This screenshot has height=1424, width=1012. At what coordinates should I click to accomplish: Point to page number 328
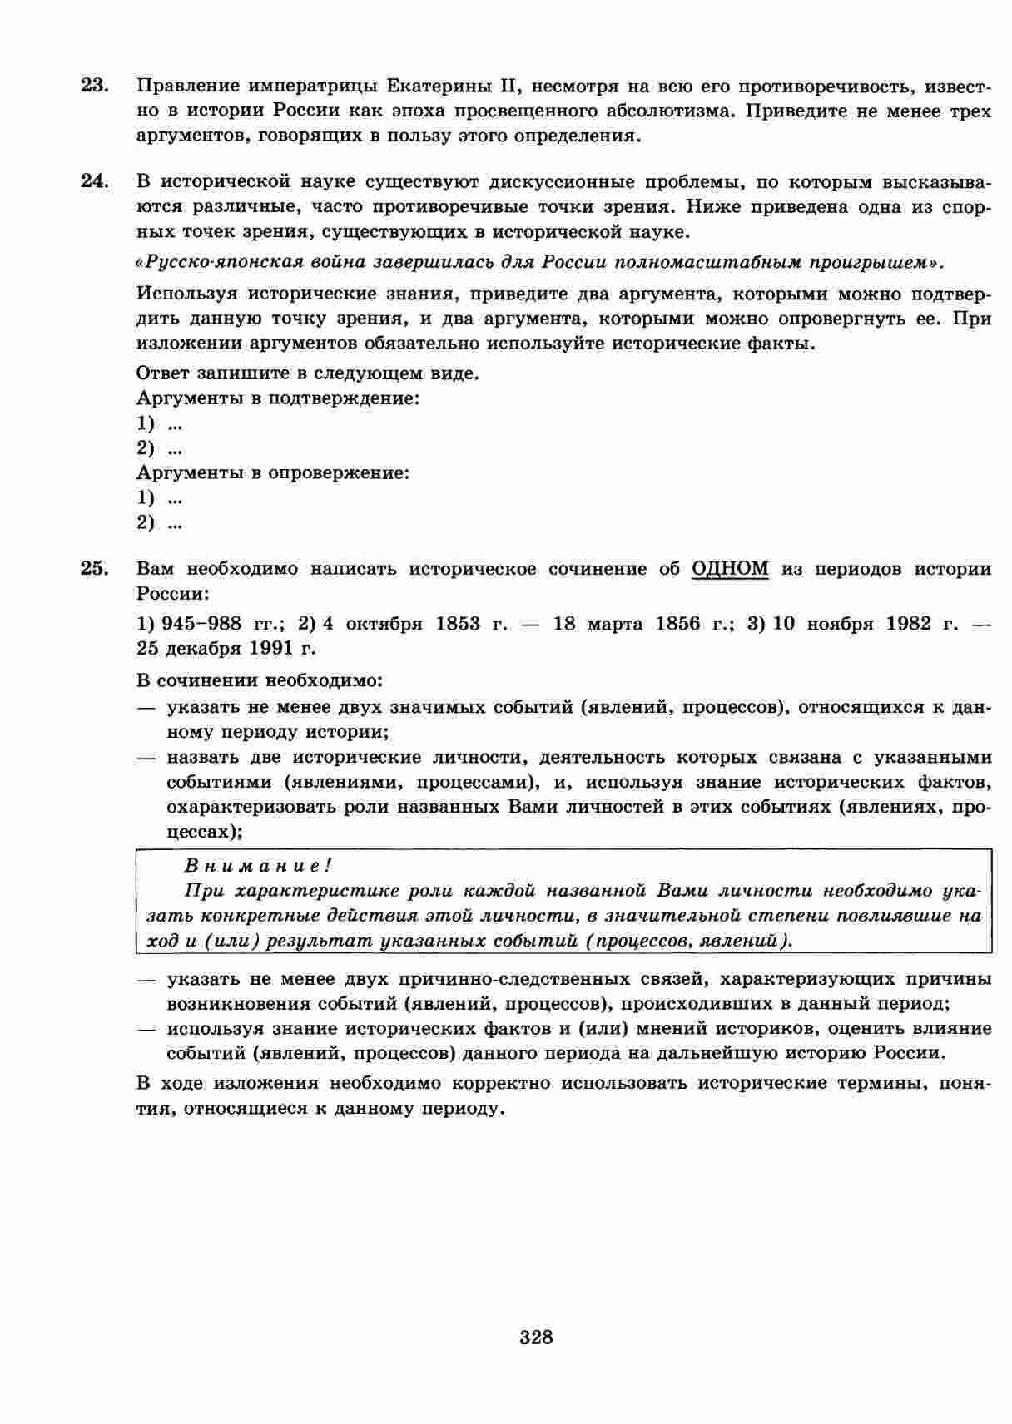(536, 1337)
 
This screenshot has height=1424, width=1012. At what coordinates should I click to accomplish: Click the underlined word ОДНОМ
(730, 569)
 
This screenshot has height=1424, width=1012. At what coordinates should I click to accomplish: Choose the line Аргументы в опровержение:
(273, 473)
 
